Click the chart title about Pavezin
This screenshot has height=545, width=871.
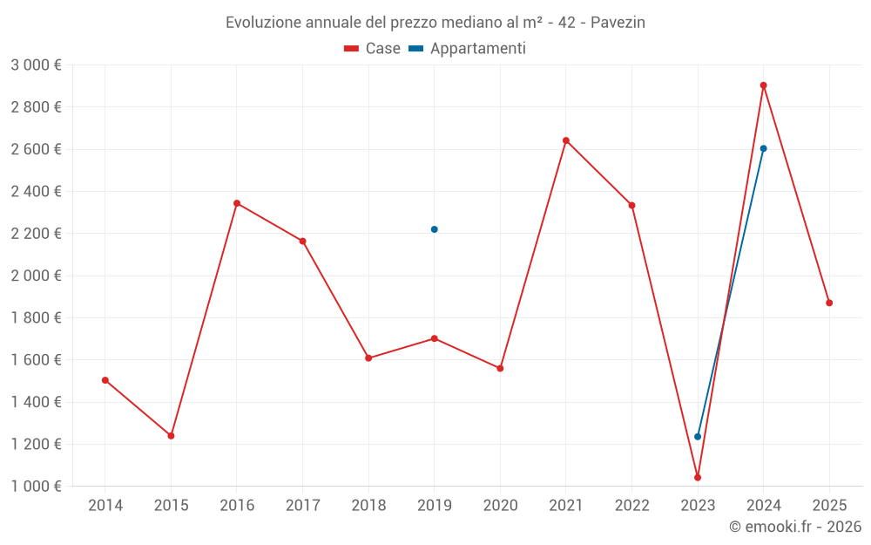[435, 22]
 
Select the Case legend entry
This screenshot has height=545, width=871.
[372, 49]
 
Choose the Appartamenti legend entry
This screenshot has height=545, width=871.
[467, 49]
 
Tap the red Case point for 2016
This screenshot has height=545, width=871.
[237, 203]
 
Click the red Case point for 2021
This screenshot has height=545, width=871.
[566, 140]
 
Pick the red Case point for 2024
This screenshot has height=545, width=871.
[763, 85]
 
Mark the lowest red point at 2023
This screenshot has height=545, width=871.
[698, 477]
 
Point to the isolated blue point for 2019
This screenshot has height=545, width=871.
[435, 229]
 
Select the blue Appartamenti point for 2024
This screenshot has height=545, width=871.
[763, 148]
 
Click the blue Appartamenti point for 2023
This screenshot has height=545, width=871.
[698, 436]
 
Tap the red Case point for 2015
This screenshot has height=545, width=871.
[171, 435]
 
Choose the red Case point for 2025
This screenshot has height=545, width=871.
[829, 303]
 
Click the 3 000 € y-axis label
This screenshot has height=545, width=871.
[36, 65]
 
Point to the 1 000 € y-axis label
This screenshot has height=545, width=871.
[36, 487]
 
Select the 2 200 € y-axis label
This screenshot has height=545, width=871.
[36, 234]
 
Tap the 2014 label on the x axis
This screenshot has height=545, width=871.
[105, 506]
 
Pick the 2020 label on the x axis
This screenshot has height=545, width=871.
[500, 506]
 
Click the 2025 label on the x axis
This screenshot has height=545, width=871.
[829, 506]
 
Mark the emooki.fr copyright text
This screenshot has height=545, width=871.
[794, 527]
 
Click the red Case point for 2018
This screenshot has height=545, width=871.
[368, 358]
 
